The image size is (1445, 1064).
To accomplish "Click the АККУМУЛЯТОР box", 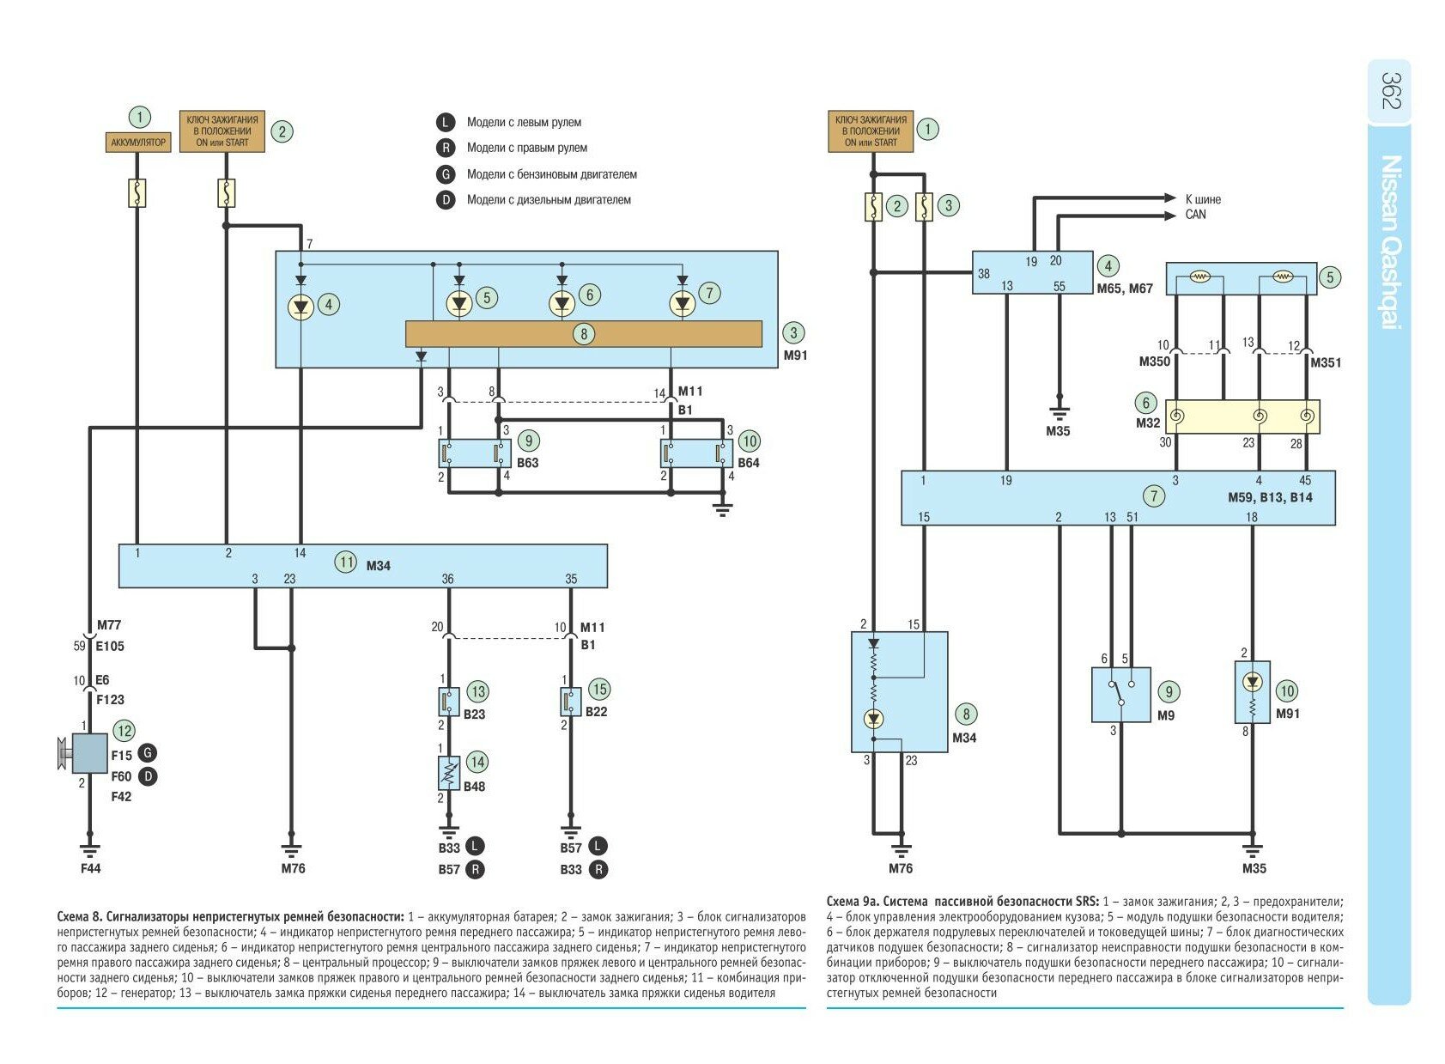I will pos(138,142).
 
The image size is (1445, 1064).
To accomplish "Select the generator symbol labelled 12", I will pos(88,753).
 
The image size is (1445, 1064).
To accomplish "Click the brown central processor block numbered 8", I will pos(583,334).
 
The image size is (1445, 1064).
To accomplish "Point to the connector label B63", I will pos(528,463).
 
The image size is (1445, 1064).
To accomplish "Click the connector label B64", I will pos(749,463).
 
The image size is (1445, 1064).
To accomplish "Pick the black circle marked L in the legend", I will pos(446,122).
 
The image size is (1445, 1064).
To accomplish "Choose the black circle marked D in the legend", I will pos(446,200).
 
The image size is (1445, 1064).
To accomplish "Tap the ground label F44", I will pos(90,868).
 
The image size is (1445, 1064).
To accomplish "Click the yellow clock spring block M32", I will pos(1242,416).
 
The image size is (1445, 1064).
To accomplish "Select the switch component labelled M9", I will pos(1120,695).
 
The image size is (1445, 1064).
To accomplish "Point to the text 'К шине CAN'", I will pos(1202,207).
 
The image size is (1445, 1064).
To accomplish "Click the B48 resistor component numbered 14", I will pos(449,773).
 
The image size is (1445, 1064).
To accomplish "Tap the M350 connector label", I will pos(1154,362).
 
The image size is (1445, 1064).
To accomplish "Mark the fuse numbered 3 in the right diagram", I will pos(924,207).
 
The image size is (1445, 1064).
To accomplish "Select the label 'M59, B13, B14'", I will pos(1270,497).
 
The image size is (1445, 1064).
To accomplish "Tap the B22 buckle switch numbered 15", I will pos(570,702).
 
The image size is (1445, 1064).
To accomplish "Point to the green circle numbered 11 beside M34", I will pos(345,563).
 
